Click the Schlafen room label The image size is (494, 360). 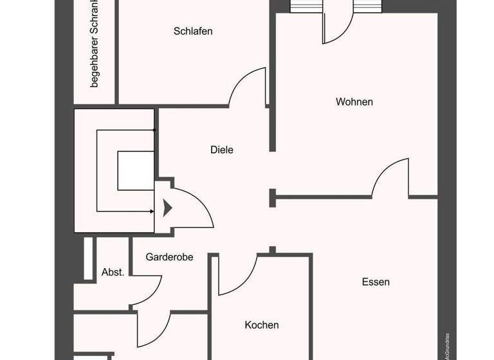(x=193, y=31)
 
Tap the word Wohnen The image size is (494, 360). (x=354, y=102)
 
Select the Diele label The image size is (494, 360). (x=222, y=150)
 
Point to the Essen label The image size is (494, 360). (x=376, y=282)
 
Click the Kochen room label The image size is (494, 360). (x=262, y=325)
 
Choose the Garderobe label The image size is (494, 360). (x=169, y=256)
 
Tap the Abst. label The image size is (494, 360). (x=113, y=273)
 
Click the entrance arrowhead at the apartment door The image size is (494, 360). (x=167, y=208)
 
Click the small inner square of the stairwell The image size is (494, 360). (x=136, y=170)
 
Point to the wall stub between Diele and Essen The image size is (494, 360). (x=273, y=198)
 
